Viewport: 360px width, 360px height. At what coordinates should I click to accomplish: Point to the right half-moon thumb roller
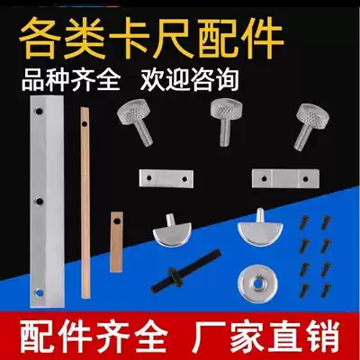tap(259, 229)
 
